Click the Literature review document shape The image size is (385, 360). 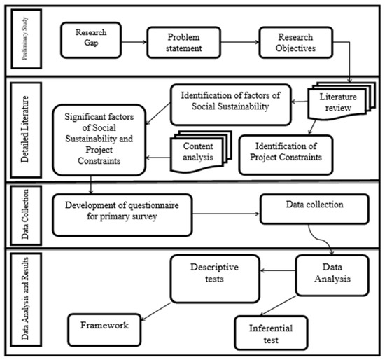point(339,101)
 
